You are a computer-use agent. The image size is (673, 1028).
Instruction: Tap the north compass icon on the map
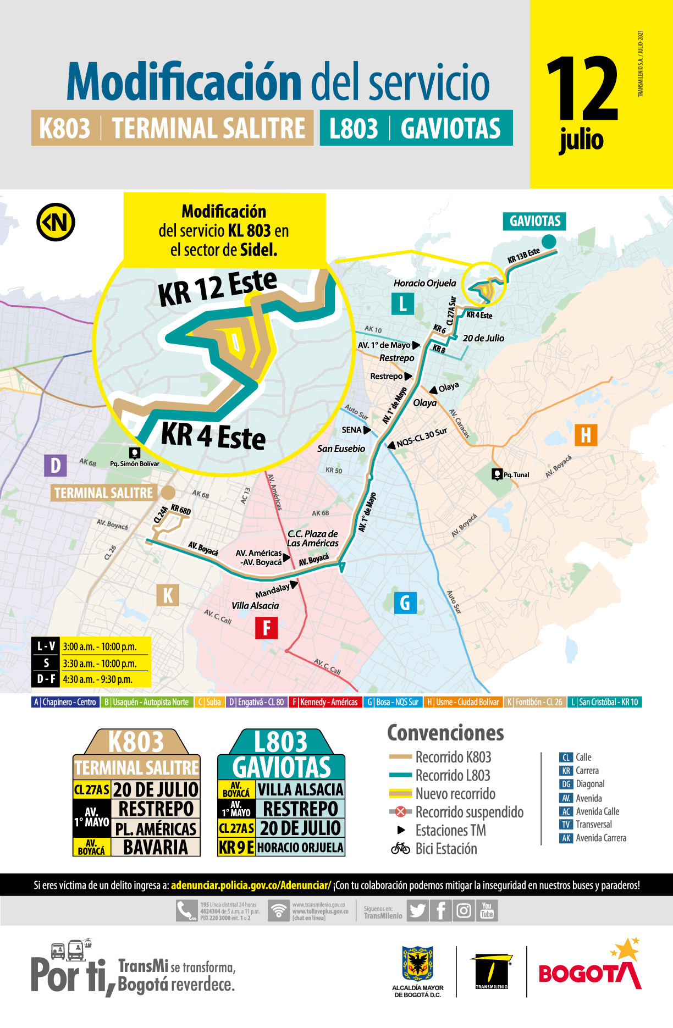coord(56,223)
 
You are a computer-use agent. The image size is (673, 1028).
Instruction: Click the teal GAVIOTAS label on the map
coord(534,222)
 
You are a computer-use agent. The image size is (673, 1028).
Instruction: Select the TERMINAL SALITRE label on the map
coord(104,493)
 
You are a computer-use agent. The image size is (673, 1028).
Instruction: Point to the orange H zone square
coord(586,435)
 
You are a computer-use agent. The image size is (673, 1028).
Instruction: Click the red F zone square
coord(267,627)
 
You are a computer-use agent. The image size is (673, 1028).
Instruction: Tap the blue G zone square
coord(405,603)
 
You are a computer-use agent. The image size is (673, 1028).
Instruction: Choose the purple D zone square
coord(56,465)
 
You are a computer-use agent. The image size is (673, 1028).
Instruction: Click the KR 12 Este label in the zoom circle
coord(218,288)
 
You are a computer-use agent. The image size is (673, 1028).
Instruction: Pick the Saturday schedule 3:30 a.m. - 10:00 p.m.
coord(100,664)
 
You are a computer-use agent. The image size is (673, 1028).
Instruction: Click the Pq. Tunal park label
coord(516,475)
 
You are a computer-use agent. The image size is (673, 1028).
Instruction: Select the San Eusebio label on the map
coord(341,449)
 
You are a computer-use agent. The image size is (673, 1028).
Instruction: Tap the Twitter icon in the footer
coord(417,911)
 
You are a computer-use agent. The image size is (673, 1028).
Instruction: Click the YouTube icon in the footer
coord(487,911)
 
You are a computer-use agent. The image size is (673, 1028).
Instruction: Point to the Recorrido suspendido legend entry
coord(468,812)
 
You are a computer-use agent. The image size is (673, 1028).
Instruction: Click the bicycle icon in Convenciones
coord(400,849)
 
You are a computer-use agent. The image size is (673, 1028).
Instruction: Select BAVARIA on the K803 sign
coord(155,847)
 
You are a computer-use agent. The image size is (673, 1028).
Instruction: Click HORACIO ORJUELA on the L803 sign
coord(300,848)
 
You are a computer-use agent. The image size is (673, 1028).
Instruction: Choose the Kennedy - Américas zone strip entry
coord(326,702)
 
